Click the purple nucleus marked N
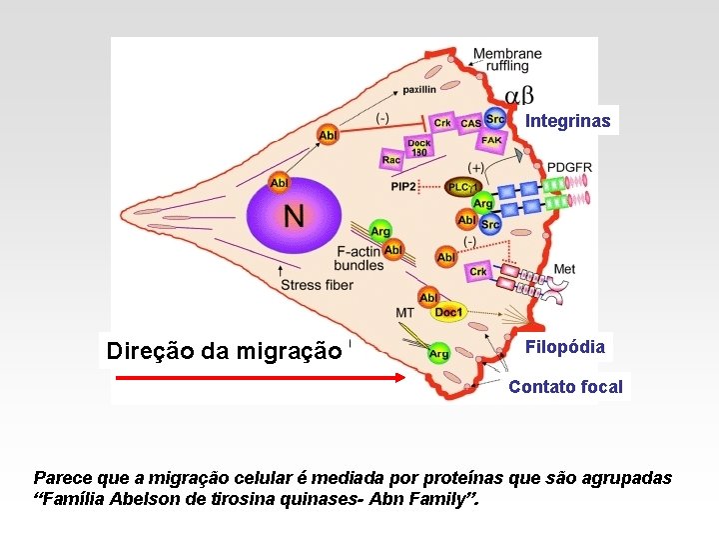pyautogui.click(x=295, y=215)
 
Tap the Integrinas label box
pyautogui.click(x=568, y=121)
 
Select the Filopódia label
pyautogui.click(x=565, y=347)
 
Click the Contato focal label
pyautogui.click(x=565, y=387)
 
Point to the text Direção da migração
pyautogui.click(x=224, y=351)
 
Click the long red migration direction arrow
pyautogui.click(x=260, y=378)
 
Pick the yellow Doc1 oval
pyautogui.click(x=448, y=313)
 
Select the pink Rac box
pyautogui.click(x=391, y=159)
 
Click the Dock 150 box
pyautogui.click(x=419, y=147)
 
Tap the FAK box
pyautogui.click(x=491, y=141)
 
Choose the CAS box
pyautogui.click(x=470, y=123)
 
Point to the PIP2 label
pyautogui.click(x=404, y=187)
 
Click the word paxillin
pyautogui.click(x=419, y=90)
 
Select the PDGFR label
pyautogui.click(x=569, y=167)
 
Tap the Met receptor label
pyautogui.click(x=564, y=269)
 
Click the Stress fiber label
pyautogui.click(x=318, y=285)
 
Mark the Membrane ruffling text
pyautogui.click(x=507, y=59)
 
